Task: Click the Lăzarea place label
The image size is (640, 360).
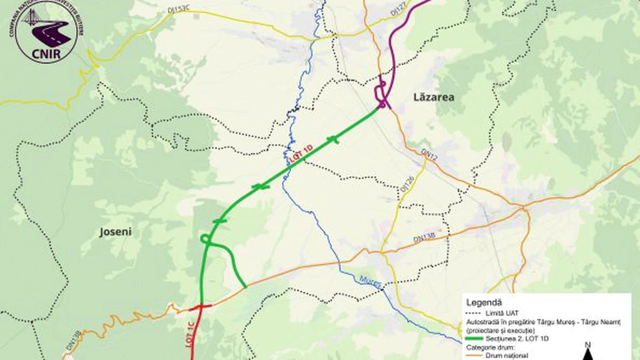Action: coord(434,97)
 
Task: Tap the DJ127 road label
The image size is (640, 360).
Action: coord(398,8)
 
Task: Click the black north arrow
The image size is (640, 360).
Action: coord(587,355)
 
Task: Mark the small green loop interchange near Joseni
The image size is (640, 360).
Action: coord(205,238)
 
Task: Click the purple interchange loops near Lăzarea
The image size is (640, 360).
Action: coord(380,96)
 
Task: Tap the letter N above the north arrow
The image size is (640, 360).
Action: coord(587,344)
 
